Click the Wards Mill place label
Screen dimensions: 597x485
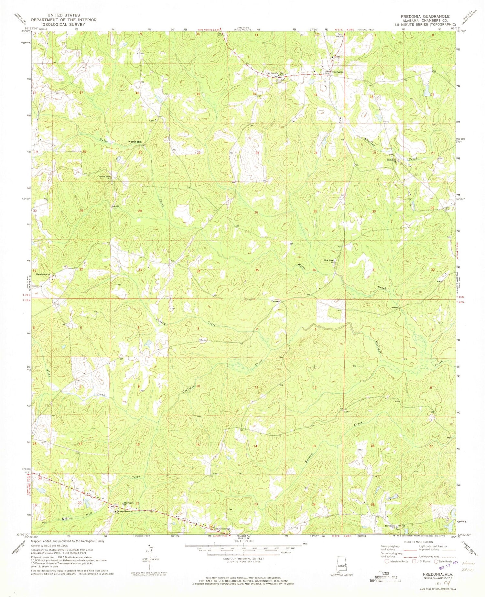click(135, 142)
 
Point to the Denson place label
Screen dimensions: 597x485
click(275, 301)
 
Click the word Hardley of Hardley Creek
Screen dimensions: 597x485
click(367, 141)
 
